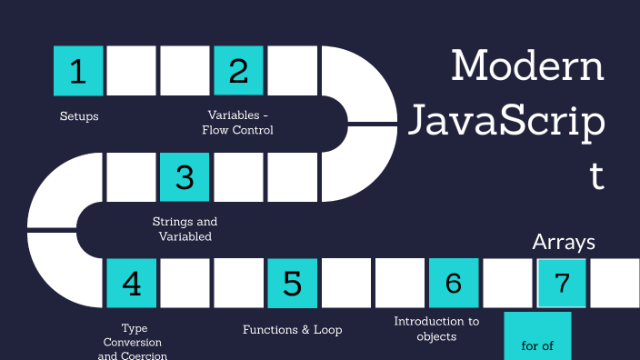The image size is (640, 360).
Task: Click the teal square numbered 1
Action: [78, 71]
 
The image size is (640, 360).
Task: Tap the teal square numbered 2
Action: [238, 71]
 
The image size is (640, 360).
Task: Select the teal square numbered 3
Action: [185, 176]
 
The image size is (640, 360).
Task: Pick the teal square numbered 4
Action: [131, 283]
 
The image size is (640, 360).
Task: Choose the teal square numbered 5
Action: [292, 283]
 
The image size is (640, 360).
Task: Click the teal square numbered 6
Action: [453, 283]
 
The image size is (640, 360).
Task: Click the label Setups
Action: [79, 116]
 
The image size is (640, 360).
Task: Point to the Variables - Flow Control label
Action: [238, 123]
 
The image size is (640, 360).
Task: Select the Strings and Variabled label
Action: [185, 229]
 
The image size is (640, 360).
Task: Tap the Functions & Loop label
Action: [292, 330]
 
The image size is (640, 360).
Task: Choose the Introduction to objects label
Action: [436, 328]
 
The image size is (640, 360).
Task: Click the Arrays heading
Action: [564, 242]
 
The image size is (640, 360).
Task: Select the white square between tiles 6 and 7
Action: [506, 283]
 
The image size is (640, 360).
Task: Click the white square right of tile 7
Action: [615, 283]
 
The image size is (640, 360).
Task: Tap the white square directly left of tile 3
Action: [131, 176]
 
